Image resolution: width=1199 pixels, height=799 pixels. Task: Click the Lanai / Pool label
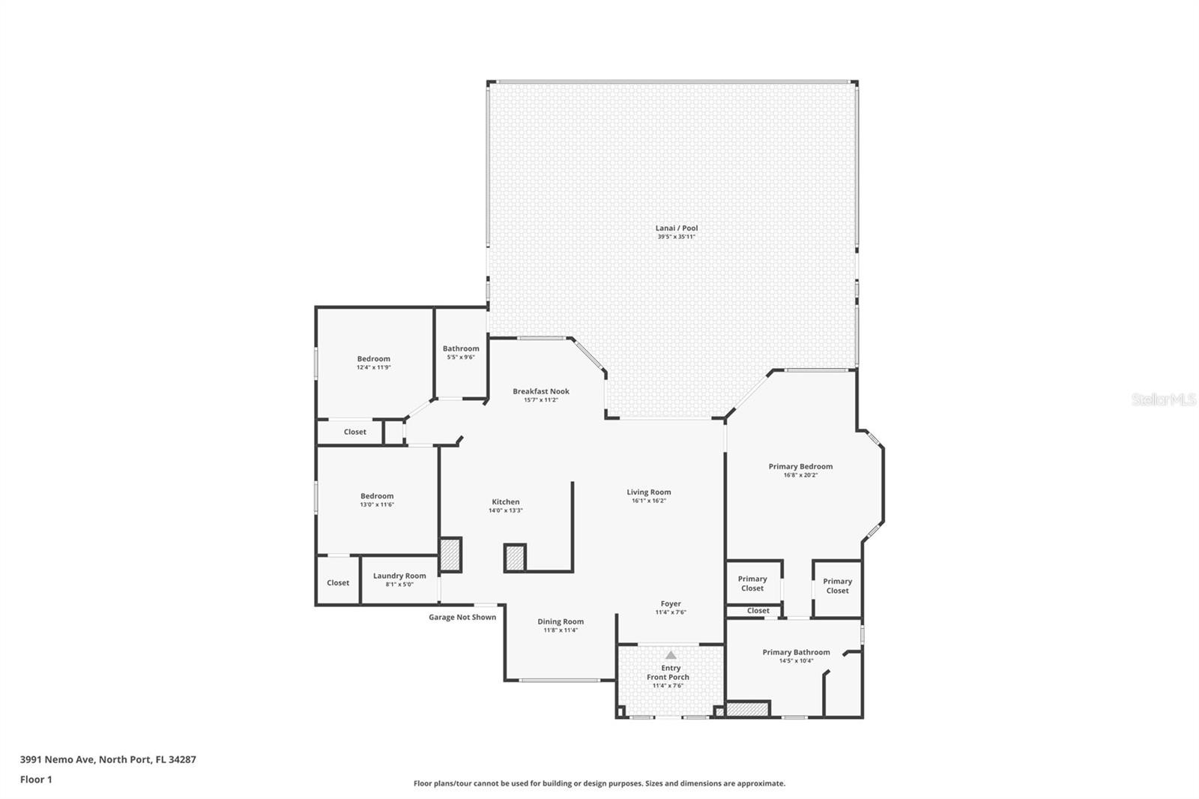[677, 228]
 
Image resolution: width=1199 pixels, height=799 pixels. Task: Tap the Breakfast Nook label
[540, 391]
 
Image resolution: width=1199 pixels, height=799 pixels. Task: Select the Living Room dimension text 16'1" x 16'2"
[649, 501]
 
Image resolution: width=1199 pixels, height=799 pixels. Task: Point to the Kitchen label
[505, 501]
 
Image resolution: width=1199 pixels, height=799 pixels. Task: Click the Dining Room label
[561, 622]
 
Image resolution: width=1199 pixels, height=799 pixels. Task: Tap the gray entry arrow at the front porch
[671, 655]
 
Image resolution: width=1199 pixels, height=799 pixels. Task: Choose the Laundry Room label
[399, 576]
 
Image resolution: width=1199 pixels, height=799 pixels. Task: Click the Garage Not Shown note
[462, 617]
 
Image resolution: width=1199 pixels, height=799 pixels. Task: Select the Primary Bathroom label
[796, 652]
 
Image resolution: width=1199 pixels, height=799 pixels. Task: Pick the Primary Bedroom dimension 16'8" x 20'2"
[800, 475]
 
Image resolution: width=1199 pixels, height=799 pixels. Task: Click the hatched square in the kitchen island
[515, 558]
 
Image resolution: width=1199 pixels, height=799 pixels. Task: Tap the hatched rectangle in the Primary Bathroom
[748, 709]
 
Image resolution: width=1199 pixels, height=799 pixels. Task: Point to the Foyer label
[671, 603]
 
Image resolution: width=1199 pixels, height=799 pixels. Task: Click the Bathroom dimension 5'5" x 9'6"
[461, 358]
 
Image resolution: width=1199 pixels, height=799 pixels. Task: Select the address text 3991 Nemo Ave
[57, 759]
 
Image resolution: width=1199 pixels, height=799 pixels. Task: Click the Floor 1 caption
[36, 780]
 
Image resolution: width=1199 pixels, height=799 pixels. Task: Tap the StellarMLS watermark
[1164, 399]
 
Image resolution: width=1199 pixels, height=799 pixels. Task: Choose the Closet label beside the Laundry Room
[338, 582]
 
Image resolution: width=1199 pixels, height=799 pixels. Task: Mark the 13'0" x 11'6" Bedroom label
[377, 500]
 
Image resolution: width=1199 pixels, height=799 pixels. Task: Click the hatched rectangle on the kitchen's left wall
[450, 555]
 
